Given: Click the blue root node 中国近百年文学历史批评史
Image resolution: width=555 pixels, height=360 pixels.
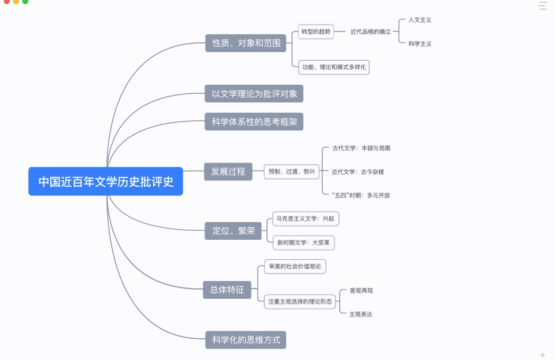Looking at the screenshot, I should click(x=105, y=181).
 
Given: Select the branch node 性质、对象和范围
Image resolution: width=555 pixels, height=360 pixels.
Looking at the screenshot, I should click(x=246, y=43).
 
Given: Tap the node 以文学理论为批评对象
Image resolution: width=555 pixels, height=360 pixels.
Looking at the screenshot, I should click(x=254, y=93).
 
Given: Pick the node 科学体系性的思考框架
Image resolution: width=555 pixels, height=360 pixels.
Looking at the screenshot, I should click(x=254, y=121).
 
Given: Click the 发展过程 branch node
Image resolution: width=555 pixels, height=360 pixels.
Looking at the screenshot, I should click(x=228, y=171).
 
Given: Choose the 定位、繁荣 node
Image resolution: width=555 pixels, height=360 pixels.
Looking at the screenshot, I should click(x=233, y=231).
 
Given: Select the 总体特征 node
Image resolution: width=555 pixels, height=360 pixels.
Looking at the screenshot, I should click(x=227, y=290).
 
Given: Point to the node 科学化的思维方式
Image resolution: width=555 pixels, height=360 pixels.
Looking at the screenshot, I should click(x=246, y=340).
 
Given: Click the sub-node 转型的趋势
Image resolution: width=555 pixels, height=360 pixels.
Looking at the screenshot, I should click(x=316, y=32).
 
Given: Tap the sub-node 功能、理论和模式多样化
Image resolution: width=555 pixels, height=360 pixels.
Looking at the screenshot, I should click(x=334, y=67).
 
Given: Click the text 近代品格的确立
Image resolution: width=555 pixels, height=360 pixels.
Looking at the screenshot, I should click(x=371, y=32).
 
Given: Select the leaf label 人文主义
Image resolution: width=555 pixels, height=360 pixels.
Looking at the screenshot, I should click(x=420, y=20).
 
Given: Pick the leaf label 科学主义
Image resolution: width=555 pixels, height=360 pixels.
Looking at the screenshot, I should click(x=420, y=43).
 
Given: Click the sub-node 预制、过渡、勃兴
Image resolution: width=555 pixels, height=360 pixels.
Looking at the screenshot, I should click(x=292, y=171).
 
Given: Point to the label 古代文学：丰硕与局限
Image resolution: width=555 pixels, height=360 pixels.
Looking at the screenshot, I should click(x=361, y=148).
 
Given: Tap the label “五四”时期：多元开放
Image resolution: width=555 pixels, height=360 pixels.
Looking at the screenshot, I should click(x=361, y=195).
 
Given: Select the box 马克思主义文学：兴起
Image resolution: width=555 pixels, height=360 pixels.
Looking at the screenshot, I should click(x=305, y=218).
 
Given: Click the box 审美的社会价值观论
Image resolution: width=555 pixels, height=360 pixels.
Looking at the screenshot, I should click(x=295, y=266).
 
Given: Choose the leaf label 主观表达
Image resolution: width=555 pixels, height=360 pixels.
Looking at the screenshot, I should click(x=361, y=314).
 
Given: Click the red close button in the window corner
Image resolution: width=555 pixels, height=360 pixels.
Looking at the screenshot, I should click(x=7, y=2).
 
